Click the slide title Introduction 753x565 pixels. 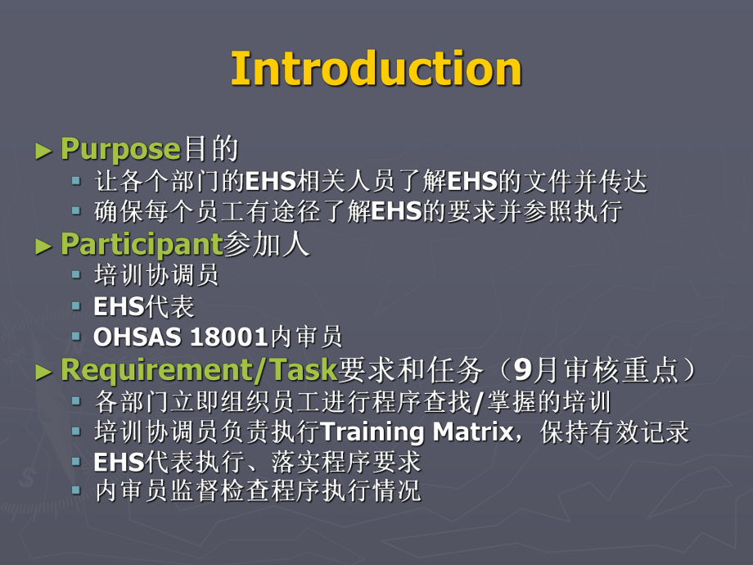tap(376, 69)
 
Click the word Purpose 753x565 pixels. tap(120, 150)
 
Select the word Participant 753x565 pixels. tap(142, 245)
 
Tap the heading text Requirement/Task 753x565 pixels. tap(199, 370)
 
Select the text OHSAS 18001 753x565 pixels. tap(182, 337)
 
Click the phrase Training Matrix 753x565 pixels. tap(417, 432)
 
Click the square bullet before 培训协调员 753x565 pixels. tap(76, 274)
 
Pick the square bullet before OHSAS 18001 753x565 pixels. tap(76, 337)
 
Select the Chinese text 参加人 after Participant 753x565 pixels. tap(267, 245)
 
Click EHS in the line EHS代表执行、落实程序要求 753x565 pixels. tap(119, 462)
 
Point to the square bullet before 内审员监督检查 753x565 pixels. tap(76, 490)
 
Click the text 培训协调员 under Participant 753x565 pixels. tap(157, 275)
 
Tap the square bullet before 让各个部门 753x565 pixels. tap(76, 180)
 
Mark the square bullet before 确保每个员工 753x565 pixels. tap(76, 211)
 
